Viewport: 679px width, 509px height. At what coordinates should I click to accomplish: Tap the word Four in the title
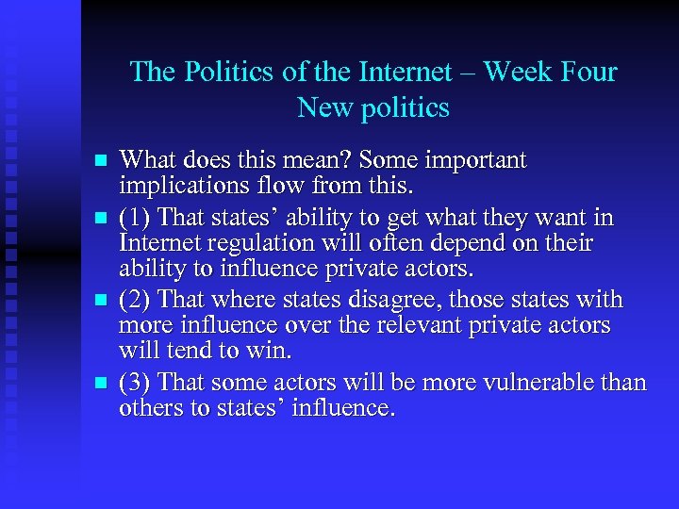click(588, 72)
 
